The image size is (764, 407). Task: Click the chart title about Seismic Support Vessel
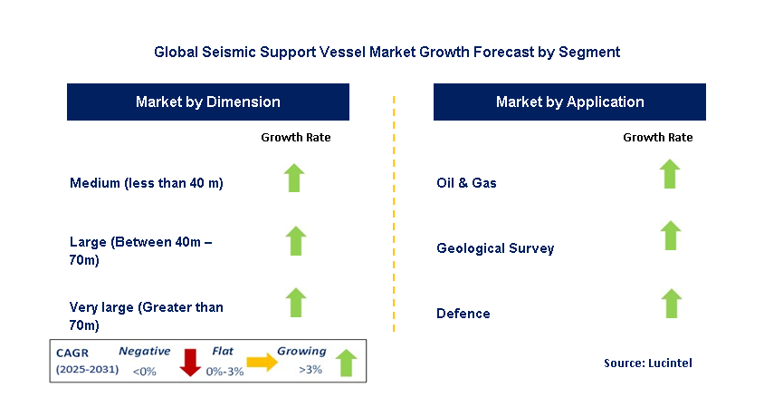tap(387, 52)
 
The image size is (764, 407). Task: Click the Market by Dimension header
tap(207, 102)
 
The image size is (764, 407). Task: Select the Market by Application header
tap(569, 102)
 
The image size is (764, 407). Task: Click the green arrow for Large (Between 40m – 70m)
tap(296, 241)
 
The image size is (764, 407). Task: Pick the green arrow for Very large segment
tap(296, 303)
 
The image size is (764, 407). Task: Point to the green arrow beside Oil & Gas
tap(670, 173)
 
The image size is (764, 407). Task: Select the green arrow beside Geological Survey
tap(670, 236)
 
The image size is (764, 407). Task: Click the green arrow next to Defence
tap(670, 304)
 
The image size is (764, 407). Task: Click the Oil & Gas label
tap(466, 183)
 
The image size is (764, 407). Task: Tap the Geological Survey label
tap(494, 248)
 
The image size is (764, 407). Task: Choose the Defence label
tap(463, 314)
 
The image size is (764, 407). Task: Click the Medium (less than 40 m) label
tap(146, 183)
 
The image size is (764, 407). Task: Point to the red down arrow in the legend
tap(190, 361)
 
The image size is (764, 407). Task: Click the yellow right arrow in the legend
tap(263, 363)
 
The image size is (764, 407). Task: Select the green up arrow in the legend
tap(346, 362)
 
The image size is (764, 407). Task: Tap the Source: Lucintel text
tap(647, 363)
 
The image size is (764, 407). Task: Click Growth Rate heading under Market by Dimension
tap(296, 138)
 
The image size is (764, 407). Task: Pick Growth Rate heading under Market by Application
tap(658, 138)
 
